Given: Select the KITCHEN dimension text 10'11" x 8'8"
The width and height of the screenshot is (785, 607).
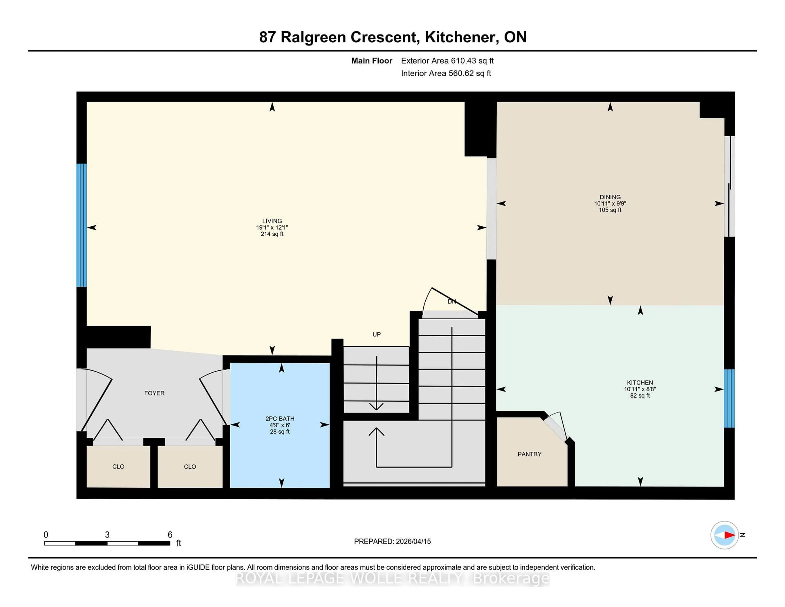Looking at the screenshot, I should [x=640, y=389].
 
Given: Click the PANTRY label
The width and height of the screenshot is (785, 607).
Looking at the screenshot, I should [x=529, y=454].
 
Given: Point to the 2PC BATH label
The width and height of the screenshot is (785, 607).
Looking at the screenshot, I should [x=280, y=419].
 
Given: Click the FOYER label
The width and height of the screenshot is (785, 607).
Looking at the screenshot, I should [x=154, y=393].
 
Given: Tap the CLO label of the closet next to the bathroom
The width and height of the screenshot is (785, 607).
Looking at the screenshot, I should [x=190, y=467].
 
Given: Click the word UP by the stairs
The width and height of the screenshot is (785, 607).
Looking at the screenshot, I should [x=376, y=334].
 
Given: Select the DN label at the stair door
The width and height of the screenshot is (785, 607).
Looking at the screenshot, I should [x=452, y=301].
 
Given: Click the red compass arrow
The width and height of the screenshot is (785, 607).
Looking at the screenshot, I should [x=729, y=535].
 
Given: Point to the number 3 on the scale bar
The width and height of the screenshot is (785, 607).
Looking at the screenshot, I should [x=107, y=535].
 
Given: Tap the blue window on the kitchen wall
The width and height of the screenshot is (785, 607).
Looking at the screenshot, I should [x=729, y=398].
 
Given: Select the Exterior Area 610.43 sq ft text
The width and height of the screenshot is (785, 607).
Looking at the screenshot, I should [x=447, y=61].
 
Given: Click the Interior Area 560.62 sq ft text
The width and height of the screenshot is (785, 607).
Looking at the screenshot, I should [x=446, y=73].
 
